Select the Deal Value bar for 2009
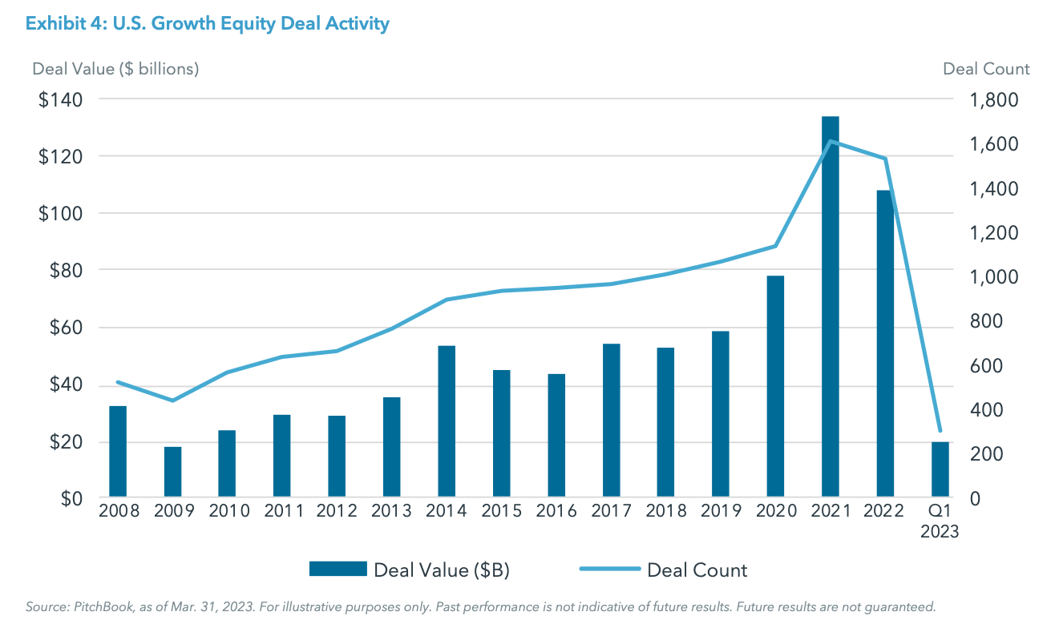coord(173,472)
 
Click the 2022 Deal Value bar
coord(884,344)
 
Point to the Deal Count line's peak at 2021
coord(830,142)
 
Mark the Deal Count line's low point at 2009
coord(173,401)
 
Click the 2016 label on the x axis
coord(556,511)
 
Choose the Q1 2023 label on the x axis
coord(940,521)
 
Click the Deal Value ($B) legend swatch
coord(338,570)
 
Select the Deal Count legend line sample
coord(609,570)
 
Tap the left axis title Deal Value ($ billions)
coord(115,69)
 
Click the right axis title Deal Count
coord(986,69)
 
